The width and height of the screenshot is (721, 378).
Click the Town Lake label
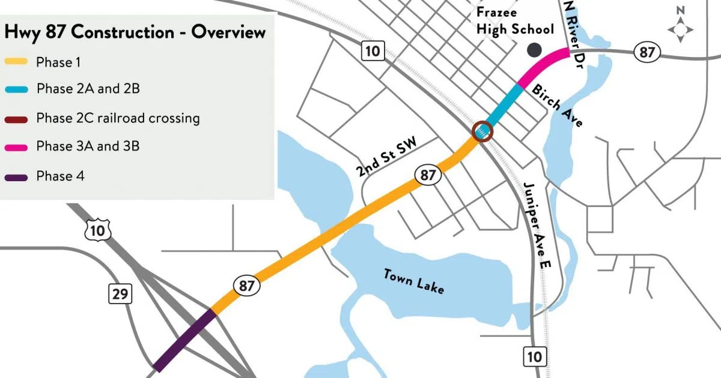(415, 281)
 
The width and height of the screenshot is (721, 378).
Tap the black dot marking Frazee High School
(534, 50)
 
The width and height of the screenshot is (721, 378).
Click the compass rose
(680, 29)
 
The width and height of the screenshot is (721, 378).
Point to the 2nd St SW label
(386, 159)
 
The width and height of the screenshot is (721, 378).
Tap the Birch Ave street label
(558, 105)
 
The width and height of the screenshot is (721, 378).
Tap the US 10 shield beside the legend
(99, 229)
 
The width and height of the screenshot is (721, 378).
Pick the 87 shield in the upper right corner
(646, 53)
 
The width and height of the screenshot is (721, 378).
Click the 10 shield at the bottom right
(534, 356)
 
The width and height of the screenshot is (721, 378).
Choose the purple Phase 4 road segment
(184, 340)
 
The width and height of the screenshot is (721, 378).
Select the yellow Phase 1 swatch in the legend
(16, 62)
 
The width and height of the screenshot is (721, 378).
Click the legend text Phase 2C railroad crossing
(118, 118)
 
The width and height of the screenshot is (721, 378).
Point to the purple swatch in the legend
(16, 176)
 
